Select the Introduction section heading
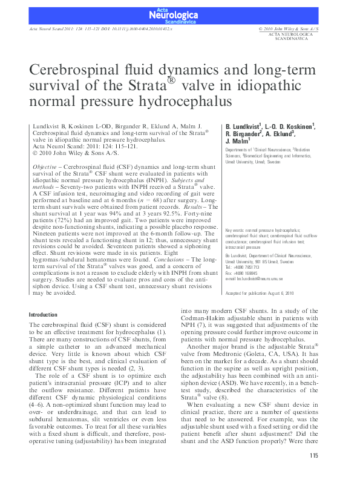44,315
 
